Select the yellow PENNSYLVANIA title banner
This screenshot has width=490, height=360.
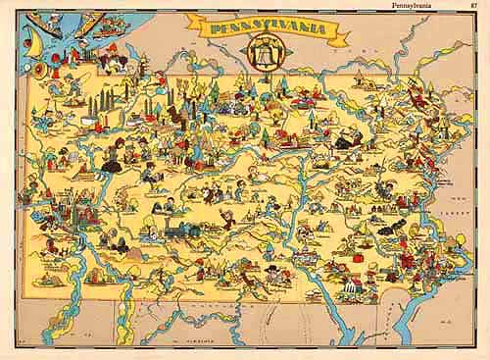(x=279, y=29)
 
